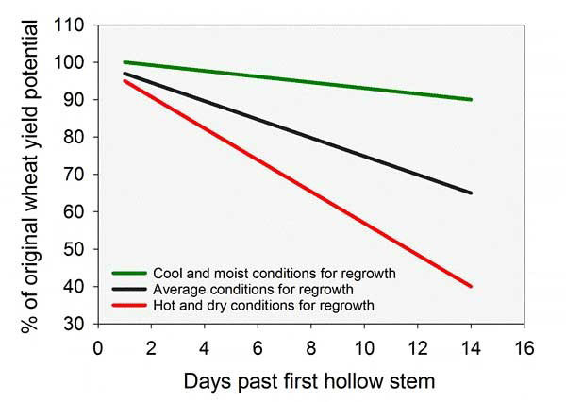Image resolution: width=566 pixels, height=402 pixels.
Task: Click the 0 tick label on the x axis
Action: pyautogui.click(x=98, y=345)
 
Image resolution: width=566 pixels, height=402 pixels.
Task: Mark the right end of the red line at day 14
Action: pyautogui.click(x=470, y=286)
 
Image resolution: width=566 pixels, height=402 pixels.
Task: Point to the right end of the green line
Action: pyautogui.click(x=470, y=99)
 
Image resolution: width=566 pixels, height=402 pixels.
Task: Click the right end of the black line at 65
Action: pyautogui.click(x=470, y=193)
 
